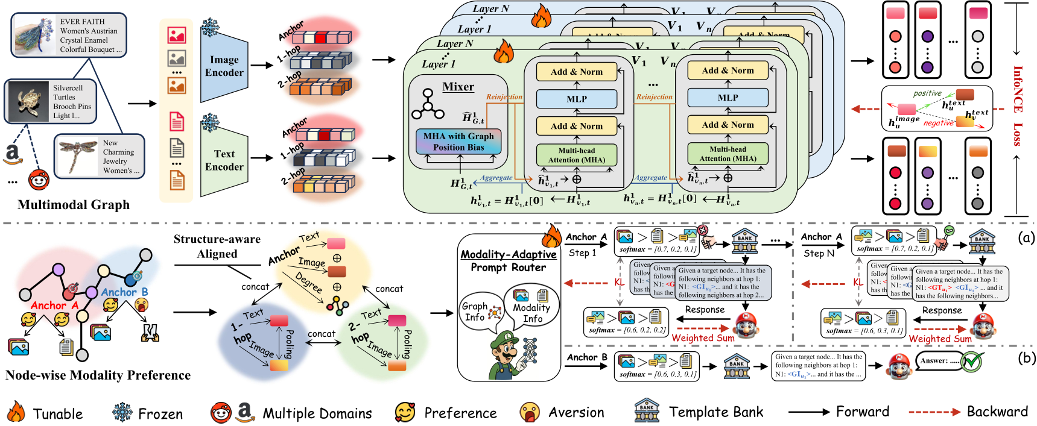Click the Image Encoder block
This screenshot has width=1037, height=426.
224,66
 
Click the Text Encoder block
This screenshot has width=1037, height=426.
224,160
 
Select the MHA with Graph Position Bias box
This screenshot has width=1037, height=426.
458,142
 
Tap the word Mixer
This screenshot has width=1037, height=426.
458,87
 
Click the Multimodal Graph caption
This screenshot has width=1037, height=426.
74,205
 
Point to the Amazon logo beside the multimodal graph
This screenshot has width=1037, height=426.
13,154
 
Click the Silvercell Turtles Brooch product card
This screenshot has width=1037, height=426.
51,101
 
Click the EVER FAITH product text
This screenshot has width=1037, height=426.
90,35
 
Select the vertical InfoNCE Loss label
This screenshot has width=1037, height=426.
1018,106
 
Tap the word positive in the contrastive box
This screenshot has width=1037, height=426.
927,93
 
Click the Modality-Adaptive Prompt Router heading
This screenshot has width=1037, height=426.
509,261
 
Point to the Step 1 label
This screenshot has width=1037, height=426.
582,253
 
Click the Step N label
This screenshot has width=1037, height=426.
819,253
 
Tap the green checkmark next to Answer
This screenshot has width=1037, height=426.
972,362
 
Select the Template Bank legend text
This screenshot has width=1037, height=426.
715,412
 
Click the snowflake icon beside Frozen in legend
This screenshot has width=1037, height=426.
122,412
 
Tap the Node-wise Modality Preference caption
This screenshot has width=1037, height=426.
98,375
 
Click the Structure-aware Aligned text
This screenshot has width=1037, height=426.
217,246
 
